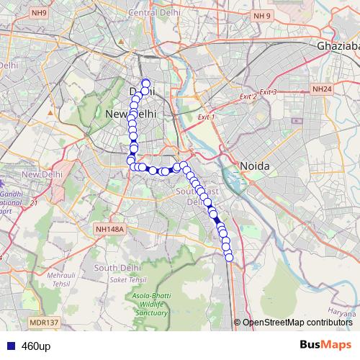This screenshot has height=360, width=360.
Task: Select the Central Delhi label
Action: [153, 13]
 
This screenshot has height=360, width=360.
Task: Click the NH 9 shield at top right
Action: [262, 16]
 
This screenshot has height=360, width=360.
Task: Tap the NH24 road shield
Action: [322, 89]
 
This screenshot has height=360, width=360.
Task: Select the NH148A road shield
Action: [109, 229]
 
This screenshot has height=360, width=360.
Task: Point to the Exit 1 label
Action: [206, 116]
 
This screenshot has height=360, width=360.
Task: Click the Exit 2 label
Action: [248, 96]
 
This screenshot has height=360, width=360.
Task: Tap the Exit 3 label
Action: [268, 91]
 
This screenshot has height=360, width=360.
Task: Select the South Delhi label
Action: [117, 267]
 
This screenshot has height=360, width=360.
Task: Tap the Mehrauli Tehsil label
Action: [61, 279]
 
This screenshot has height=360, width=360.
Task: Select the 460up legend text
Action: [36, 346]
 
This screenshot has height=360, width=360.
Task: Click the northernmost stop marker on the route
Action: [145, 83]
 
